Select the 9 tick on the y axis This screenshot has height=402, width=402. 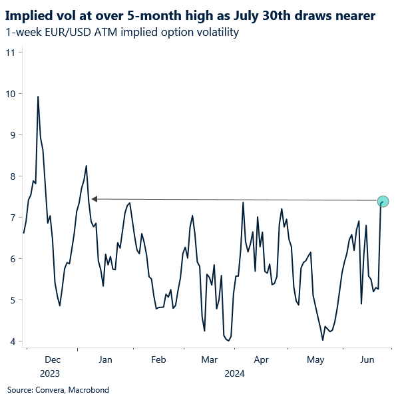(11, 134)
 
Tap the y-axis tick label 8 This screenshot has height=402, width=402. (11, 176)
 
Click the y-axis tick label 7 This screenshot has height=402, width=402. (11, 218)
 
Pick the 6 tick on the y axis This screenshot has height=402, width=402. (11, 259)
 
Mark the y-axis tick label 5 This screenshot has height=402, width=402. (11, 300)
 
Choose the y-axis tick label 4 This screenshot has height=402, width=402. (11, 341)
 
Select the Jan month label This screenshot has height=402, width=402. (104, 359)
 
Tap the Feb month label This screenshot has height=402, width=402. (158, 359)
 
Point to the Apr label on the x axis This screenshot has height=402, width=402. (262, 359)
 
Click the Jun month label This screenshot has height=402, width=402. (366, 359)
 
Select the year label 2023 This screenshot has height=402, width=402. (51, 373)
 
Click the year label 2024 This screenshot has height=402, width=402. (235, 373)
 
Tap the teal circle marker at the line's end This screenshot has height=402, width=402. (383, 201)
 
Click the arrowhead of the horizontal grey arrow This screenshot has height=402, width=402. (95, 198)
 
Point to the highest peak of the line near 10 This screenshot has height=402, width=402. (38, 97)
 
